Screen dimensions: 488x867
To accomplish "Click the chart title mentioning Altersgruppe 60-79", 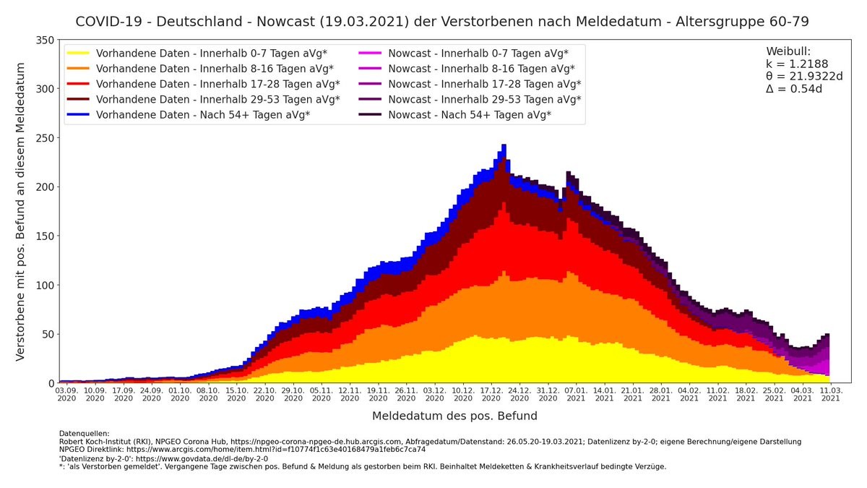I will coord(442,22).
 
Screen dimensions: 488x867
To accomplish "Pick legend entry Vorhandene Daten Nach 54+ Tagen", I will coord(203,115).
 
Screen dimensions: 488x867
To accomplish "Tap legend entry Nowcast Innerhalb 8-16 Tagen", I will coord(481,69).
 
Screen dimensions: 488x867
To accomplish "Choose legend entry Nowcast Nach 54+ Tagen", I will coord(470,115).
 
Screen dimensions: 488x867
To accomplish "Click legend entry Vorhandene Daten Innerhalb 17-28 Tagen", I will coord(217,84).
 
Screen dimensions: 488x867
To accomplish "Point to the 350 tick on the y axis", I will coord(46,40).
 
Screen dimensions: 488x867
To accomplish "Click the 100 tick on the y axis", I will coord(46,285).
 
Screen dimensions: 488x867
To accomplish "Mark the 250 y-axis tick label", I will coord(46,138).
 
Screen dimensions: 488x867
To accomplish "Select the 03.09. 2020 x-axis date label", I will coord(66,394).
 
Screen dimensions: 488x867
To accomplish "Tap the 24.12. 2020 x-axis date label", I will coord(519,394).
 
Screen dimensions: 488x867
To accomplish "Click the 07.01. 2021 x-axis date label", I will coord(576,394).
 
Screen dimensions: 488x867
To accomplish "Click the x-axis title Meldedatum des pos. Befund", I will coord(454,416).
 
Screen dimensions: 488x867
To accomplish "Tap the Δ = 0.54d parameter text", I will coord(794,89).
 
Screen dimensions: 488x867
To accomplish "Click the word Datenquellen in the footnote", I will coord(85,434).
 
